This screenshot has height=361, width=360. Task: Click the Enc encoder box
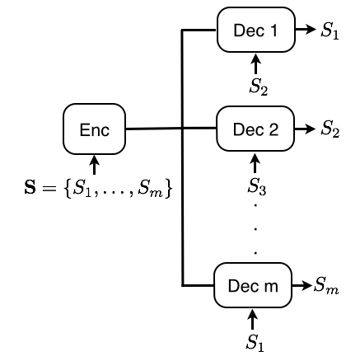click(94, 129)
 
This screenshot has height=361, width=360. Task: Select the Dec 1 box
click(255, 31)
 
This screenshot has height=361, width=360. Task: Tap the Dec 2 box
click(255, 129)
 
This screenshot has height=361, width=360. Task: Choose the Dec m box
click(253, 286)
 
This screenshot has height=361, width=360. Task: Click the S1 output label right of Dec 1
click(330, 32)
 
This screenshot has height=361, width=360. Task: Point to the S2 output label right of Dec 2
click(330, 129)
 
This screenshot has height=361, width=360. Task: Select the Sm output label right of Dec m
click(326, 286)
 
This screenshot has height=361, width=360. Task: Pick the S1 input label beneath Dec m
click(254, 340)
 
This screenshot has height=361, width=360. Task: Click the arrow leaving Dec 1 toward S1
click(306, 31)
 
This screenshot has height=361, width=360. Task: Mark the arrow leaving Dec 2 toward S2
click(306, 129)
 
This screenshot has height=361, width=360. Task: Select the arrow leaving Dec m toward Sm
click(302, 286)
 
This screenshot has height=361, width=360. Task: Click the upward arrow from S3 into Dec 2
click(255, 162)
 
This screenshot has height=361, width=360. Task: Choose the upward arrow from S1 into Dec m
click(253, 317)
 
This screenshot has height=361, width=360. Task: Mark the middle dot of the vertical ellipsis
click(255, 226)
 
